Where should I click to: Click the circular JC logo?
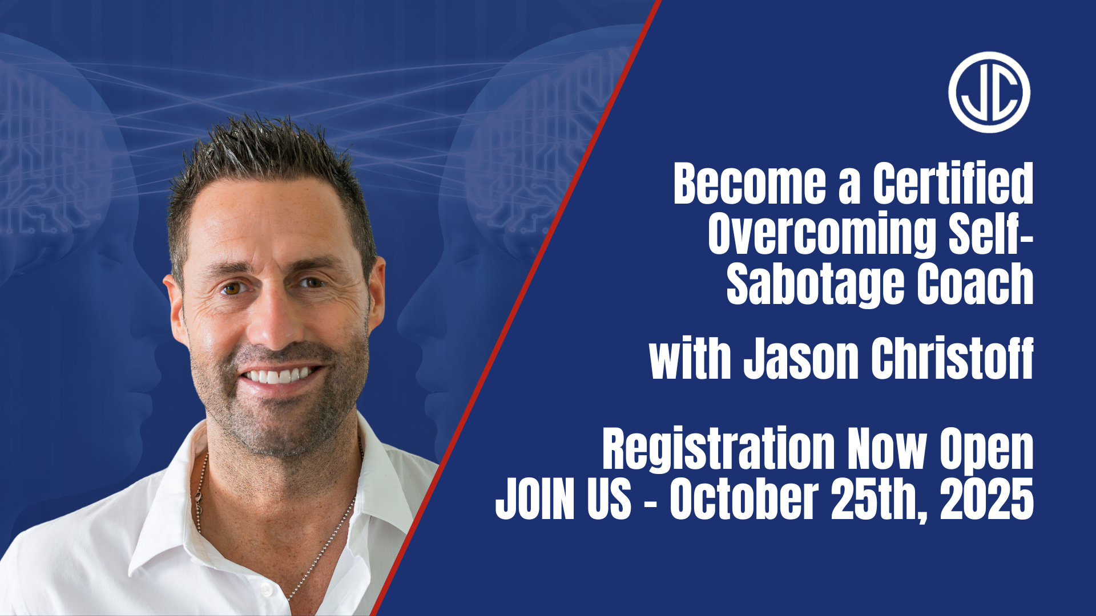point(989,92)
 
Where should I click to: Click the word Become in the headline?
point(750,183)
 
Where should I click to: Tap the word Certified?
point(953,183)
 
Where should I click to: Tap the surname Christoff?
point(953,358)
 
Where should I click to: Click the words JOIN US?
point(563,499)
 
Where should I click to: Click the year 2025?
point(987,499)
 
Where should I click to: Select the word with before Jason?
point(690,358)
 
